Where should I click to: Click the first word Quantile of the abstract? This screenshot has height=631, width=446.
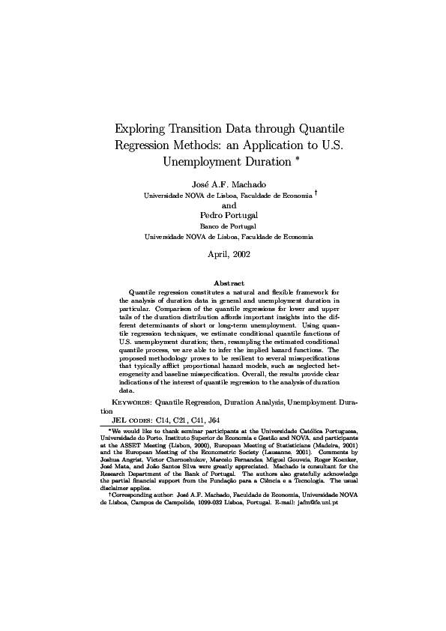click(143, 291)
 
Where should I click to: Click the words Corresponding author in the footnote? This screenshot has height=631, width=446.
click(142, 495)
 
